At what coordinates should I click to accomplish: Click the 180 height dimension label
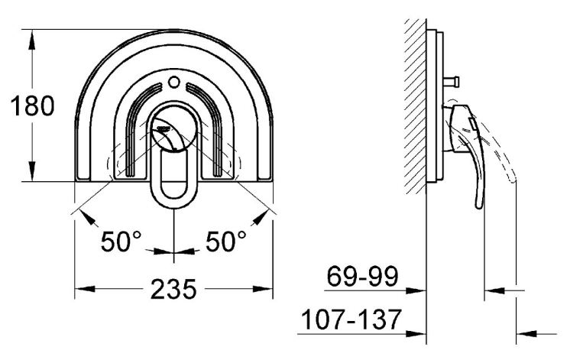tap(32, 105)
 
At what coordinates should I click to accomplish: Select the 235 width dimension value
tap(173, 290)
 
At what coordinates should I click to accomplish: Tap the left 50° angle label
tap(121, 242)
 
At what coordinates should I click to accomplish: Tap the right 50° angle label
tap(226, 242)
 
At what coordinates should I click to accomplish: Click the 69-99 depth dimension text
tap(363, 277)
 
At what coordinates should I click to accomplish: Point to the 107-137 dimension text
tap(351, 319)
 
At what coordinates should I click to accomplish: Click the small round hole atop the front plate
tap(174, 82)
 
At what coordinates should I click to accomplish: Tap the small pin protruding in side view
tap(452, 82)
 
